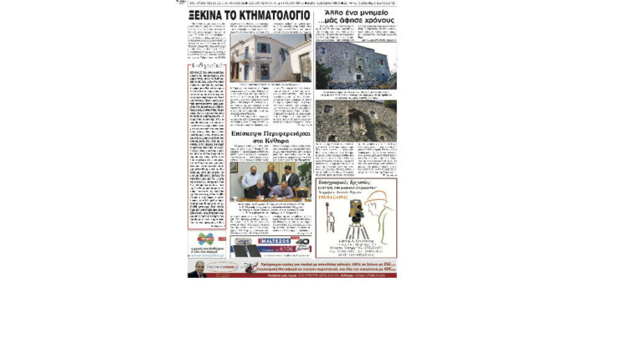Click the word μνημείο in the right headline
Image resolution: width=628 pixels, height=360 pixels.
pyautogui.click(x=375, y=14)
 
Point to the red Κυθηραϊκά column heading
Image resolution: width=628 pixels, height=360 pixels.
pyautogui.click(x=206, y=66)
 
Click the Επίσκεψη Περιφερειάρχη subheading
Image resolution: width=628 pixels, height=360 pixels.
pyautogui.click(x=270, y=137)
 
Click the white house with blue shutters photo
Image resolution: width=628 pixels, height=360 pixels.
pyautogui.click(x=270, y=59)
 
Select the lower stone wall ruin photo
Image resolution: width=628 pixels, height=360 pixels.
pyautogui.click(x=356, y=121)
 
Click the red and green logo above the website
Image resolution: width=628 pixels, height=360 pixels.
pyautogui.click(x=206, y=239)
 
